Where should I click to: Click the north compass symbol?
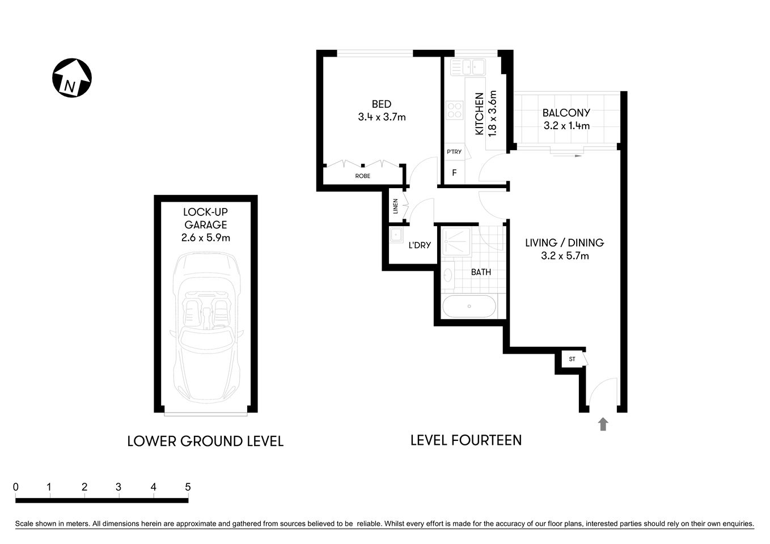coord(72,78)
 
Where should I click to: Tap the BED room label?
coord(381,104)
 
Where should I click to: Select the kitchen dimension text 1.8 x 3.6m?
coord(492,113)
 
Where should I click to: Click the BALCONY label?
coord(566,113)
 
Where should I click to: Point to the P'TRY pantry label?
coord(454,152)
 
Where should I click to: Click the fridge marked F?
coord(454,172)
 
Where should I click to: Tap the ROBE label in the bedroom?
coord(362,176)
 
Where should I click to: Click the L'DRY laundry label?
coord(420,245)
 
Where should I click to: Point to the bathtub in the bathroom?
coord(469,307)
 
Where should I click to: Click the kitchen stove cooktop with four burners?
coord(454,109)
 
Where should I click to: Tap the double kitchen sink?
coord(468,67)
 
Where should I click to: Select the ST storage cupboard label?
coord(572,359)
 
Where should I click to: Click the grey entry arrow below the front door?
coord(603,424)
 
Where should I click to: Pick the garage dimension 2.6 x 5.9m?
coord(205,237)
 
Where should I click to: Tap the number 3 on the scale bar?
coord(119,487)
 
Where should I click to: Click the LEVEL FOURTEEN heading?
coord(466,440)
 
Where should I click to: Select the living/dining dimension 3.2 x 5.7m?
coord(565,256)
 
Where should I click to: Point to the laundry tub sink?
coord(396,235)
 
